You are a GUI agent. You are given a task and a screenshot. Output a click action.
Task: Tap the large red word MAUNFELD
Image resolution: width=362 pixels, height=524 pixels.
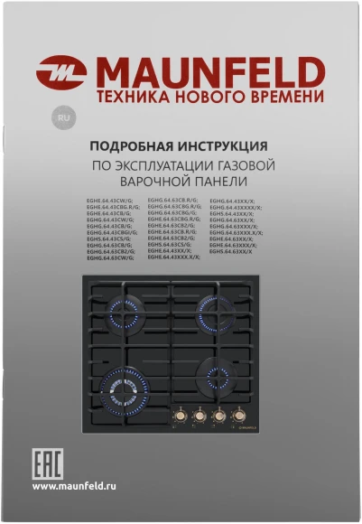210,70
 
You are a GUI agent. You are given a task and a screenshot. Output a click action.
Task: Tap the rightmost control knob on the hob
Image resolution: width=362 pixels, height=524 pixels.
240,416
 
